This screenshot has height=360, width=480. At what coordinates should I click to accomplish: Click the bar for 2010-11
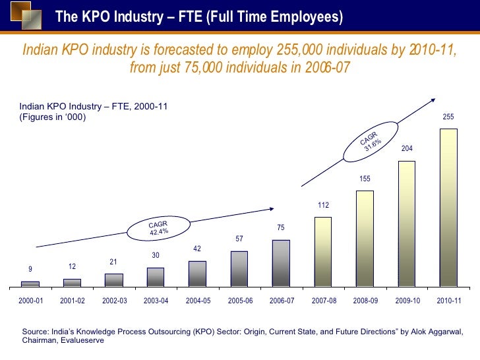click(x=448, y=208)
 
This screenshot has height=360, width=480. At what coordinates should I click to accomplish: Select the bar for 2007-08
click(x=323, y=252)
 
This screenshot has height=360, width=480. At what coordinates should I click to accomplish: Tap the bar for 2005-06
click(x=239, y=269)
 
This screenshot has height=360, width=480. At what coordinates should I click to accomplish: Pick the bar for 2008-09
click(x=365, y=239)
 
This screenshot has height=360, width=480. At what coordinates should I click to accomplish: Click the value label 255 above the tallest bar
click(x=448, y=117)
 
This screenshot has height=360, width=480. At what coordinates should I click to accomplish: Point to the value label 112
click(x=323, y=206)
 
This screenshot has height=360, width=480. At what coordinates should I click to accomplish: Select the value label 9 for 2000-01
click(x=30, y=269)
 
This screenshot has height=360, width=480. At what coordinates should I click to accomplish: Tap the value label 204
click(x=407, y=149)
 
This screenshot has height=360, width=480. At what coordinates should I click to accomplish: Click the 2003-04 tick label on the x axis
click(x=156, y=301)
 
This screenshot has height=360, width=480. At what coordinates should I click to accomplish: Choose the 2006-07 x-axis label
click(x=281, y=301)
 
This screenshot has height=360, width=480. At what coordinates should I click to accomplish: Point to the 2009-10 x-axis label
click(x=407, y=301)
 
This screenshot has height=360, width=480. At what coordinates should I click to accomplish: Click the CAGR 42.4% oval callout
click(x=158, y=228)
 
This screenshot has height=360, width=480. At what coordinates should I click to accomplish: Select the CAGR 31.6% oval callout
click(x=371, y=141)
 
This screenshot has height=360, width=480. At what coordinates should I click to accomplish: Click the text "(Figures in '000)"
click(x=53, y=117)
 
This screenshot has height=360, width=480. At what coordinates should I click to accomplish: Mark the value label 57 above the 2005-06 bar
click(x=239, y=238)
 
